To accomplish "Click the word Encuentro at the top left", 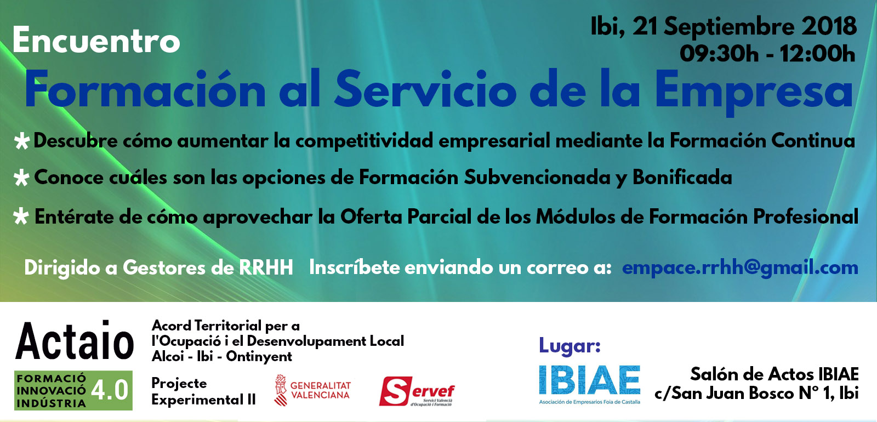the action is pyautogui.click(x=96, y=41).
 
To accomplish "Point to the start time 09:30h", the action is pyautogui.click(x=719, y=54).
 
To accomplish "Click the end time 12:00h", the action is pyautogui.click(x=817, y=54).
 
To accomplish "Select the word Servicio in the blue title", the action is pyautogui.click(x=425, y=89).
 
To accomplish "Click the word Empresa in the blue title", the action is pyautogui.click(x=753, y=93).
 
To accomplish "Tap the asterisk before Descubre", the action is pyautogui.click(x=22, y=141).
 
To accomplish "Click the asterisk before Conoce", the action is pyautogui.click(x=21, y=178).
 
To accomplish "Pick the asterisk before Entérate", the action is pyautogui.click(x=21, y=217).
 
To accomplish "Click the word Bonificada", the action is pyautogui.click(x=682, y=177).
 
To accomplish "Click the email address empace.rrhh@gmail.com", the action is pyautogui.click(x=740, y=268).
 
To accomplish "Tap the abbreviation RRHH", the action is pyautogui.click(x=266, y=268).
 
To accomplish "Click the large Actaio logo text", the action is pyautogui.click(x=75, y=340).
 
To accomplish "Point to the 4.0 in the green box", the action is pyautogui.click(x=110, y=390).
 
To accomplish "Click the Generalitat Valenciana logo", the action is pyautogui.click(x=312, y=390).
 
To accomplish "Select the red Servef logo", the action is pyautogui.click(x=417, y=391).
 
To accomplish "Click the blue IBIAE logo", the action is pyautogui.click(x=590, y=384).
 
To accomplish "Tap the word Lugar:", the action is pyautogui.click(x=570, y=346).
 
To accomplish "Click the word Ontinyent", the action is pyautogui.click(x=259, y=357).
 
